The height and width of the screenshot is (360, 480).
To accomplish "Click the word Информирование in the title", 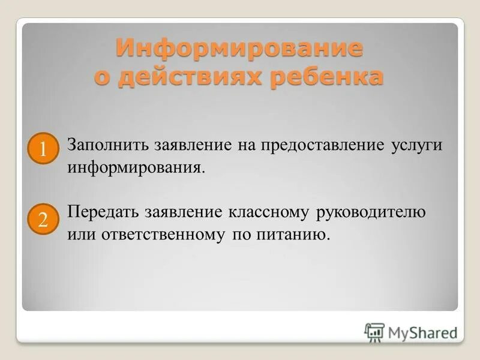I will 239,48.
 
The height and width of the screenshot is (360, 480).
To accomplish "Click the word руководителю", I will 371,213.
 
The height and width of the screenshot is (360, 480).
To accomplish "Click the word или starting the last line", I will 78,234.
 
